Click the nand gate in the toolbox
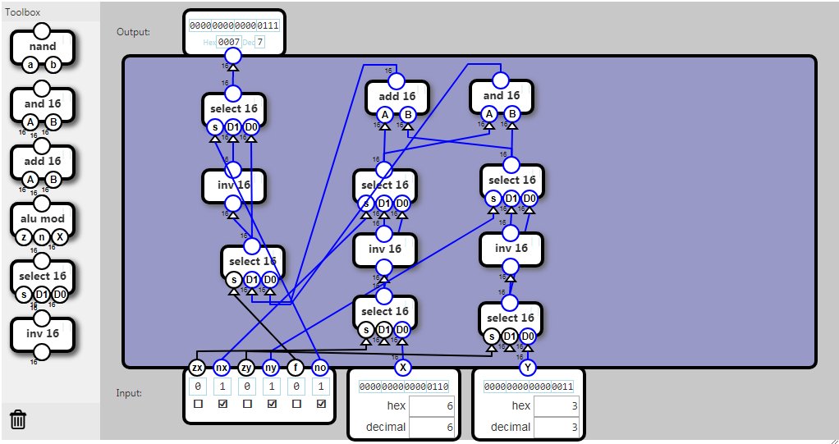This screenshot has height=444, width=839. tap(42, 47)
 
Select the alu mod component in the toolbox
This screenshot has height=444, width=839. tap(42, 219)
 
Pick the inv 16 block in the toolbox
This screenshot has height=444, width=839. tap(42, 333)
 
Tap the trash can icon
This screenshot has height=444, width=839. tap(18, 420)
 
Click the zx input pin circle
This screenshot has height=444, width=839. tap(197, 368)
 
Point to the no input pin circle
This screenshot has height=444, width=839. tap(321, 368)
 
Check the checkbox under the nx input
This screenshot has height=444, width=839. tap(222, 404)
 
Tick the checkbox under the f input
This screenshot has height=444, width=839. tap(296, 404)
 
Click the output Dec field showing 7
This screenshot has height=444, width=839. tap(260, 42)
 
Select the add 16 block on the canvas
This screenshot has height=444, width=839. tap(397, 96)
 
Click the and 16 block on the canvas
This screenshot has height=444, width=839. tap(501, 96)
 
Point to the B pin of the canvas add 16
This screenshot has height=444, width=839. tap(408, 114)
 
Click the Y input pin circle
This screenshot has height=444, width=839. tap(528, 368)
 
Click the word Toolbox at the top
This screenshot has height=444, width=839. tap(22, 12)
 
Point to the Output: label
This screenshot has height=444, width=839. tap(133, 32)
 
